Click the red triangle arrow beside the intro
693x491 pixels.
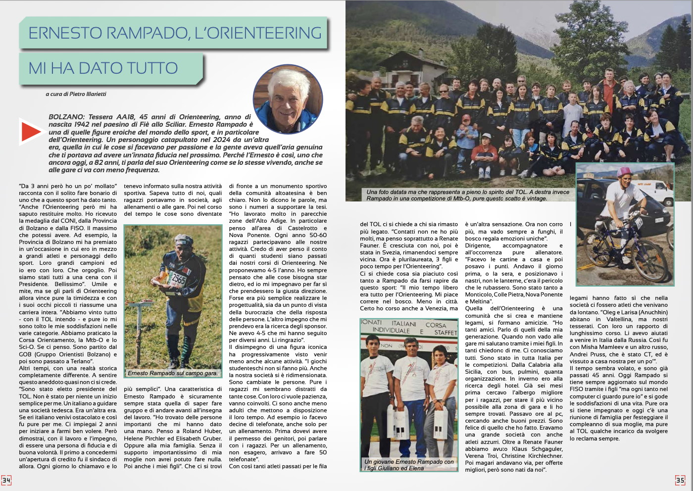pyautogui.click(x=30, y=132)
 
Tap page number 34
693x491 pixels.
pyautogui.click(x=6, y=480)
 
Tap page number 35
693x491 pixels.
pyautogui.click(x=680, y=480)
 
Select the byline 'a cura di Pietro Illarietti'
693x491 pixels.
pyautogui.click(x=76, y=94)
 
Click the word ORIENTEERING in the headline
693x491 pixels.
pyautogui.click(x=258, y=33)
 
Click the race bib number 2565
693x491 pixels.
pyautogui.click(x=178, y=279)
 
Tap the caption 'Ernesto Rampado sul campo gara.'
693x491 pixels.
pyautogui.click(x=172, y=373)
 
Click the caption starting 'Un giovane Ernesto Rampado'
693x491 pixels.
pyautogui.click(x=409, y=465)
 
